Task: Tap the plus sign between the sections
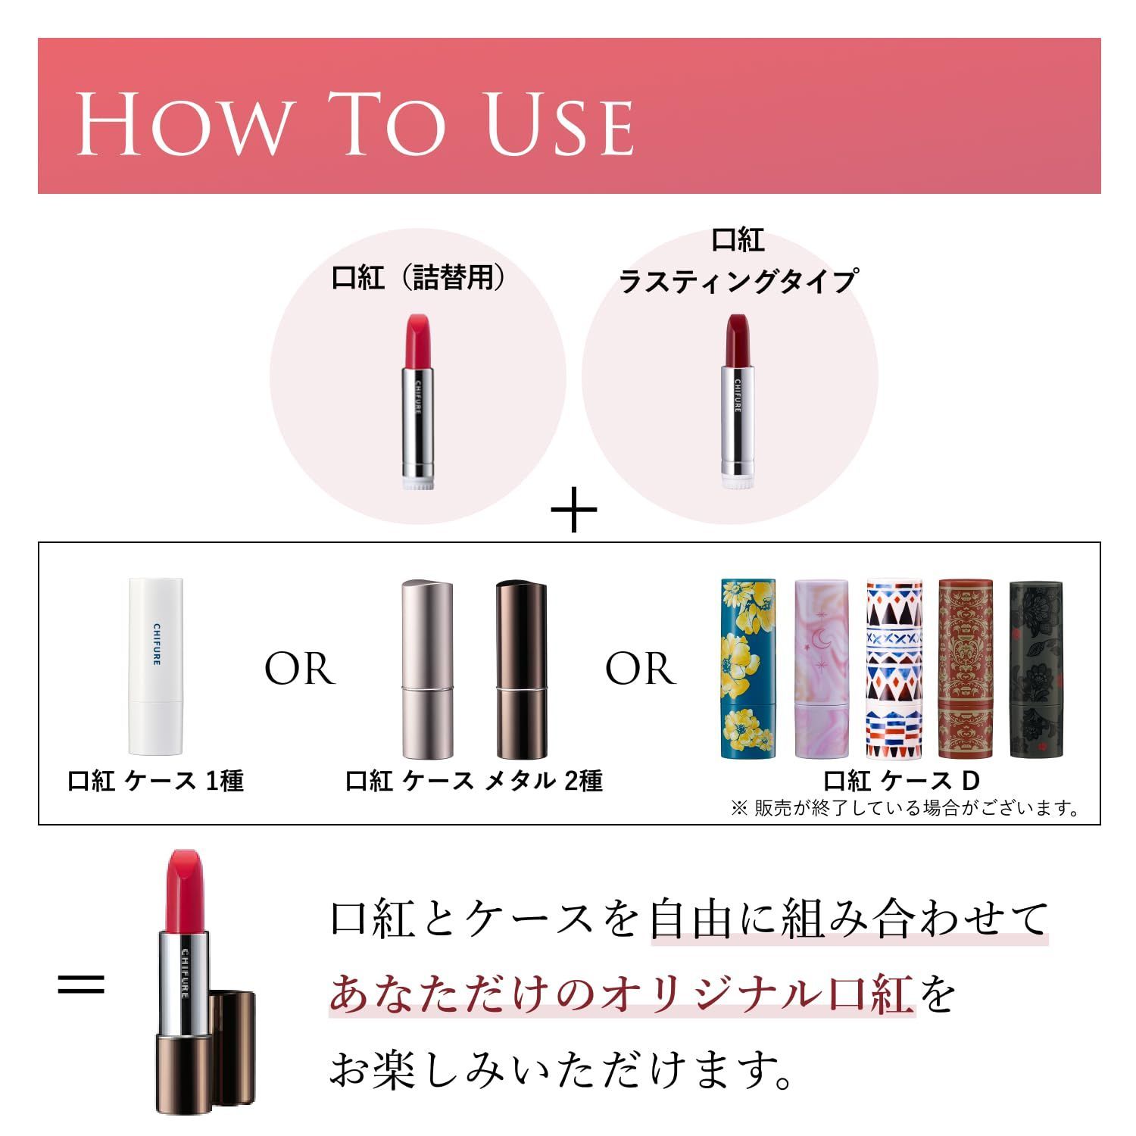(x=573, y=510)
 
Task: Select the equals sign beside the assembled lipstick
(x=81, y=985)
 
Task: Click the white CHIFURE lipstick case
(x=156, y=666)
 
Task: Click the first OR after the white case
(x=299, y=669)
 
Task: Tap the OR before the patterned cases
(x=640, y=669)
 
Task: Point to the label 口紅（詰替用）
(x=419, y=278)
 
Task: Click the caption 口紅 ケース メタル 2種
(x=474, y=781)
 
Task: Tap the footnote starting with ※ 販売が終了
(x=906, y=808)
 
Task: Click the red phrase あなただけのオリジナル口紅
(x=621, y=994)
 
